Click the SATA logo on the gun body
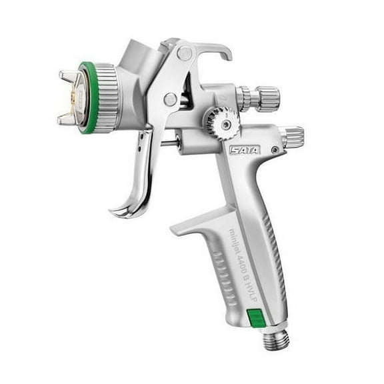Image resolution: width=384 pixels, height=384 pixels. pyautogui.click(x=241, y=150)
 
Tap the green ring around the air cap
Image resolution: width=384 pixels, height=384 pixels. pyautogui.click(x=85, y=98)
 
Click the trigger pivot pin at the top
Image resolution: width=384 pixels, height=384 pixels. pyautogui.click(x=184, y=53)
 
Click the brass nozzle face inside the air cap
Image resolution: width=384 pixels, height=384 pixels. pyautogui.click(x=79, y=98)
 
